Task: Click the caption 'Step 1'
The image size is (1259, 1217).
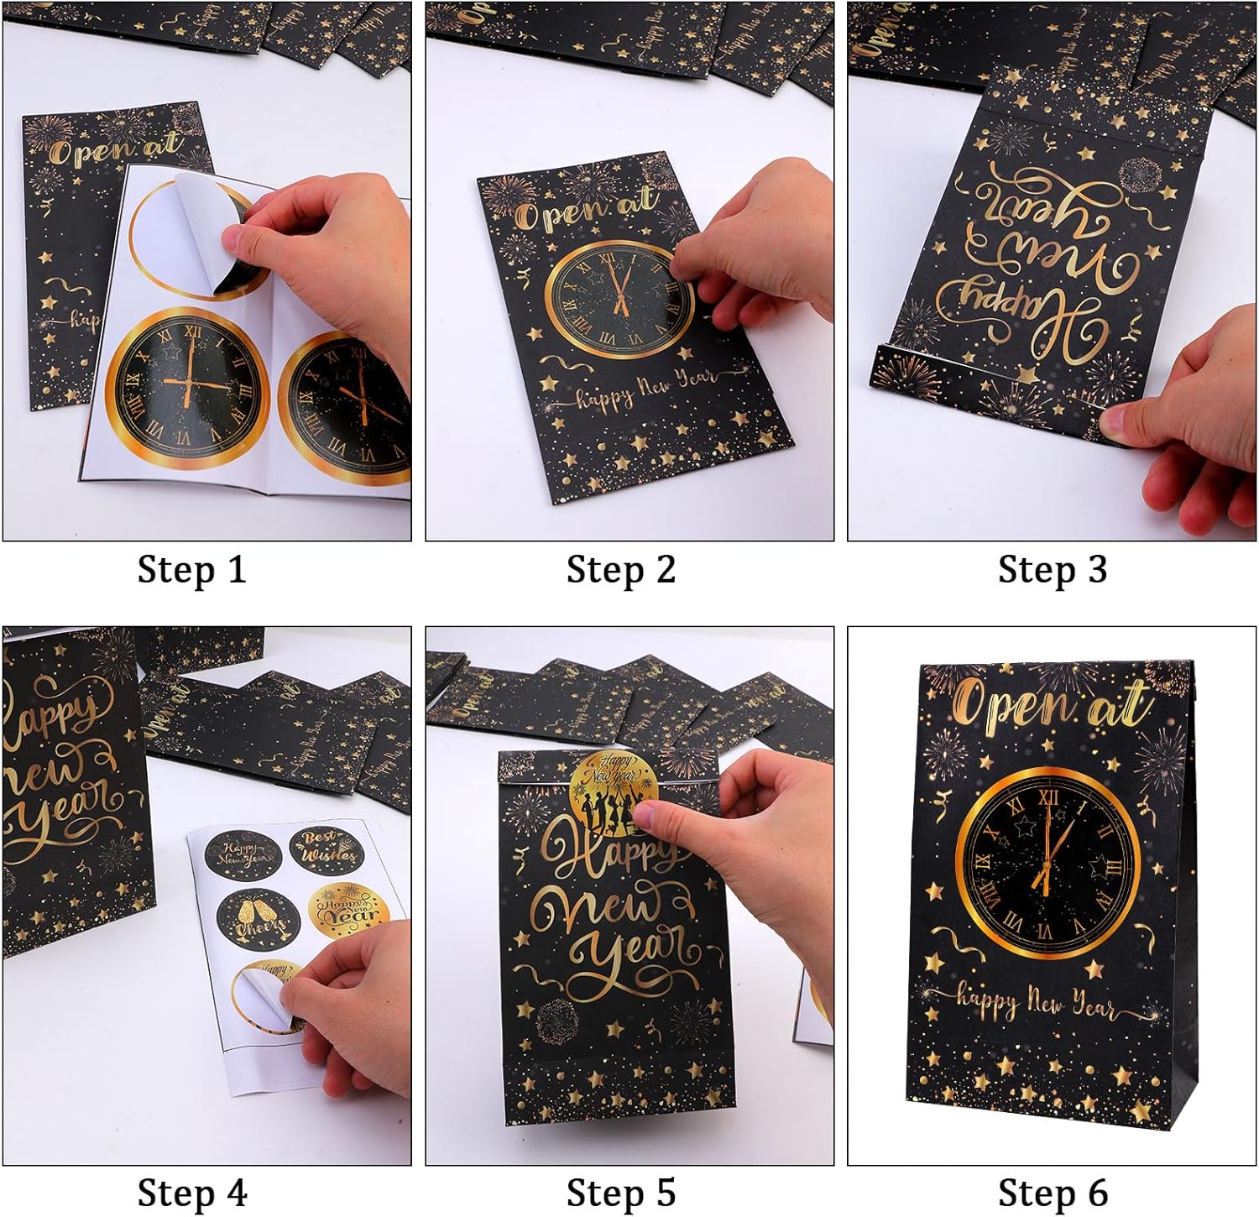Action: click(x=191, y=569)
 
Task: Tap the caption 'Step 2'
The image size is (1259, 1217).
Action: click(x=620, y=569)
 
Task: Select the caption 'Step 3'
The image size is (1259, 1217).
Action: click(x=1052, y=569)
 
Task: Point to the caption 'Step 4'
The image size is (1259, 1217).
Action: click(x=191, y=1193)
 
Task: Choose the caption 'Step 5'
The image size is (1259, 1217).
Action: click(x=620, y=1193)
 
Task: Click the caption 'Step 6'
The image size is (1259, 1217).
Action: click(x=1052, y=1193)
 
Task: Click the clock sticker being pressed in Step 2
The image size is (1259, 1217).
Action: click(x=619, y=299)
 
